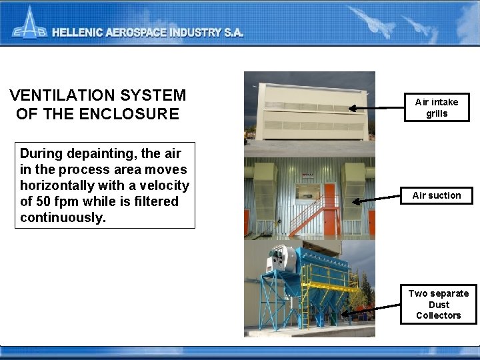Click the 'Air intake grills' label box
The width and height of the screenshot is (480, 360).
(437, 107)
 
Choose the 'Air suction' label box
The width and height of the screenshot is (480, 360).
(437, 195)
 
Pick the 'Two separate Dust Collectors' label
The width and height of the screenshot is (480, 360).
(438, 304)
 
